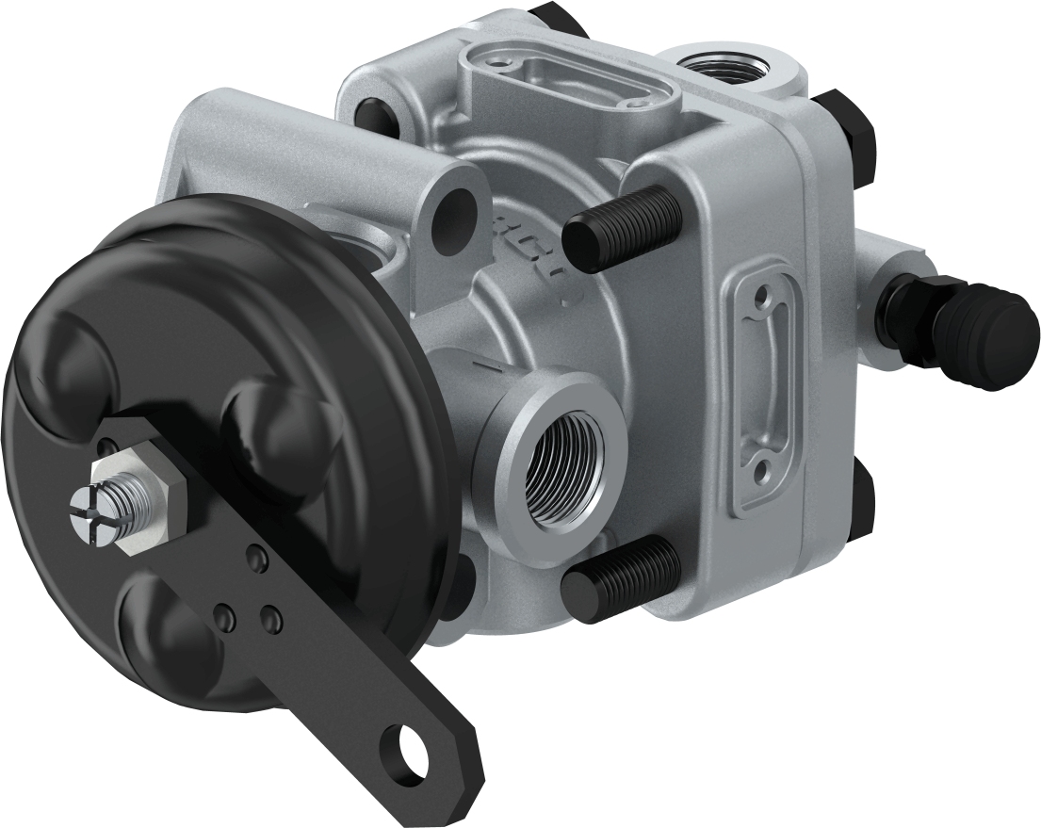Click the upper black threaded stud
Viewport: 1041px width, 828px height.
coord(616,227)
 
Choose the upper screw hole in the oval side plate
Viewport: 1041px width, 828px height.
coord(759,301)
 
